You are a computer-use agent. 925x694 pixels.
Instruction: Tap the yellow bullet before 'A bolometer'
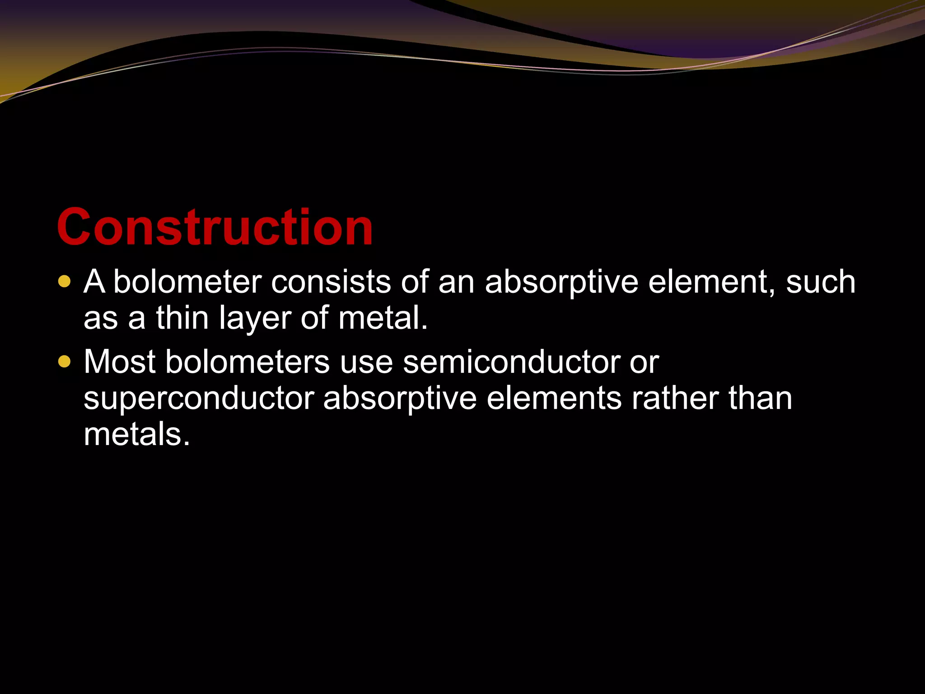(65, 281)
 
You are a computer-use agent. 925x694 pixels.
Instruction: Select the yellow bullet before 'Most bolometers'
(65, 362)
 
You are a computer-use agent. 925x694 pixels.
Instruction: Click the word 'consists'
(331, 282)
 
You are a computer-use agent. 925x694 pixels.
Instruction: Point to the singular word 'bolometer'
(187, 282)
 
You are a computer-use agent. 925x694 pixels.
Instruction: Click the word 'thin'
(182, 318)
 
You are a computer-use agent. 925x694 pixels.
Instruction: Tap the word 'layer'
(255, 319)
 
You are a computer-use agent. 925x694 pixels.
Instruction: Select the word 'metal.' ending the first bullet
(383, 318)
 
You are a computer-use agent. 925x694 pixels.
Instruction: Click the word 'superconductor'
(199, 399)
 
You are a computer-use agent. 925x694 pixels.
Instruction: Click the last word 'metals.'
(137, 434)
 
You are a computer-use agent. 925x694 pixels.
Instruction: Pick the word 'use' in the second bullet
(366, 363)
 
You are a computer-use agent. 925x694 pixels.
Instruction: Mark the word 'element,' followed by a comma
(711, 282)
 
